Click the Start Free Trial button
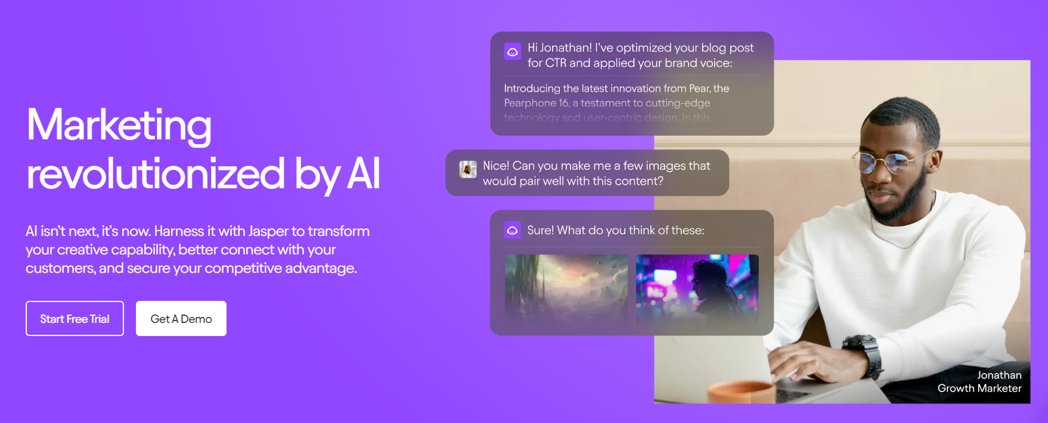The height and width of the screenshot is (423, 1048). [75, 319]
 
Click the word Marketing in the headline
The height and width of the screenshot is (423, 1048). [119, 126]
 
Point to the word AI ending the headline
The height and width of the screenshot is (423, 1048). [363, 175]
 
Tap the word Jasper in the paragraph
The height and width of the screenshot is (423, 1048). [268, 231]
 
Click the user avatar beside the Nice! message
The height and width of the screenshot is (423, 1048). [468, 170]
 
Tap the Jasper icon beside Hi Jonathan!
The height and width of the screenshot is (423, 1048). [512, 52]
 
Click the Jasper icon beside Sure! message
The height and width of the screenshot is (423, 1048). [512, 230]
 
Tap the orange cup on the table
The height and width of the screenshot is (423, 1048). [739, 393]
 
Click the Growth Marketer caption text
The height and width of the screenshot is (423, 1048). [979, 388]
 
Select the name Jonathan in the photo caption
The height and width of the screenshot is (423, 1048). [999, 375]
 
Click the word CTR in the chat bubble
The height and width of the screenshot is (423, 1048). [555, 63]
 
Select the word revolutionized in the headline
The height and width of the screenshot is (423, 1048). [156, 175]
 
